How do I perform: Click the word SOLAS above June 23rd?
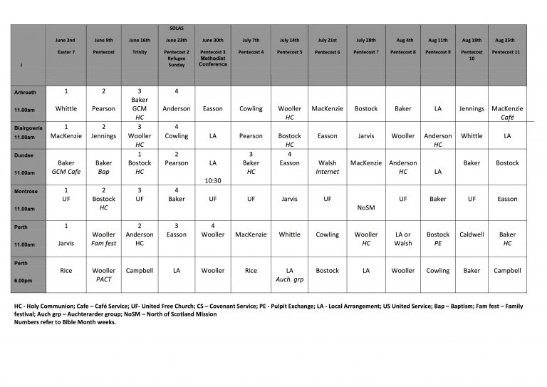(x=177, y=28)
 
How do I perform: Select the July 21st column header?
(x=328, y=41)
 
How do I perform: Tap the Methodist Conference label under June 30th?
(x=213, y=61)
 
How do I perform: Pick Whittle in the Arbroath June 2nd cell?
(x=66, y=109)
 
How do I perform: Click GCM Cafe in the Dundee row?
(x=66, y=172)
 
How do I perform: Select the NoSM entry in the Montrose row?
(x=365, y=208)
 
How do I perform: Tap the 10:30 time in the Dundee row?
(x=213, y=180)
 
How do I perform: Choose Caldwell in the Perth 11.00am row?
(x=472, y=234)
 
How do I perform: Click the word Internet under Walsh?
(x=328, y=172)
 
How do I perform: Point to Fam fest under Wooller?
(x=104, y=243)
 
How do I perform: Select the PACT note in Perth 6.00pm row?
(x=104, y=279)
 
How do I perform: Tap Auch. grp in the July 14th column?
(x=290, y=279)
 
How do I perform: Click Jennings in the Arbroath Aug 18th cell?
(x=472, y=109)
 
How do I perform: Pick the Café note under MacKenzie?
(x=507, y=118)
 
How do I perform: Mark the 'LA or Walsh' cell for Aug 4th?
(x=403, y=239)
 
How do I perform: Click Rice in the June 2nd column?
(x=66, y=271)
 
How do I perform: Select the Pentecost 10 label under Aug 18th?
(x=472, y=56)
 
